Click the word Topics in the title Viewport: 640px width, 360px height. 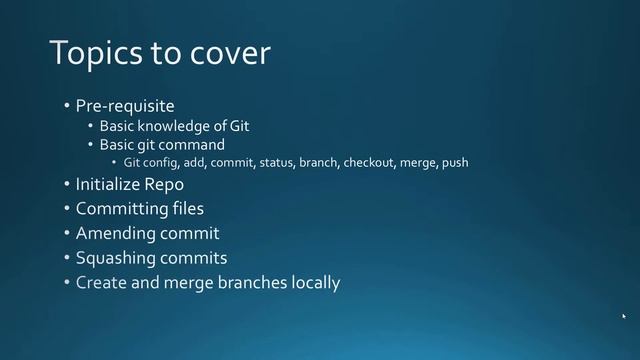point(92,53)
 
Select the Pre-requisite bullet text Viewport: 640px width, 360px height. point(125,105)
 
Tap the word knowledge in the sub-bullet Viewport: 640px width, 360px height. point(178,126)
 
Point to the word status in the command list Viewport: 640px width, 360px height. point(276,162)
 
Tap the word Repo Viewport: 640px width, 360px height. point(166,185)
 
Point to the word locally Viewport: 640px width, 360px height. point(315,283)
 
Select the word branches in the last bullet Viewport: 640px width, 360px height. point(253,283)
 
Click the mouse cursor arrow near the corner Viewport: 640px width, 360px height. point(623,317)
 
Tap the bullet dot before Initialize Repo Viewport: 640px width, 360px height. point(66,185)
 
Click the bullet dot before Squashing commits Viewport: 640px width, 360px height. point(66,258)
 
